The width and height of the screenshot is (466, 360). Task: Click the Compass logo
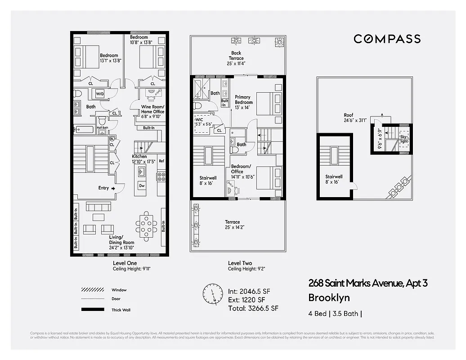(x=387, y=39)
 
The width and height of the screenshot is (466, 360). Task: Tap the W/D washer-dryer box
(x=100, y=94)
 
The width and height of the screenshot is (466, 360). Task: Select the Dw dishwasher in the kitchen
(x=142, y=185)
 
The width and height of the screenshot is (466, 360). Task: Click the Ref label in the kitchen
(x=161, y=161)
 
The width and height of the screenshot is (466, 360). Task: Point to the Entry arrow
(x=113, y=188)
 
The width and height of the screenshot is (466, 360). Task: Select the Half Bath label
(x=102, y=128)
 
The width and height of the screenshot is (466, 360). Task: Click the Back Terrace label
(x=236, y=55)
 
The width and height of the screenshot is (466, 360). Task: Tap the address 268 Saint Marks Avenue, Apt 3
(x=367, y=283)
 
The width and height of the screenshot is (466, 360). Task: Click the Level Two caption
(x=240, y=263)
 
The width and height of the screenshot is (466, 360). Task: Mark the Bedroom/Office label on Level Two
(x=237, y=171)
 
